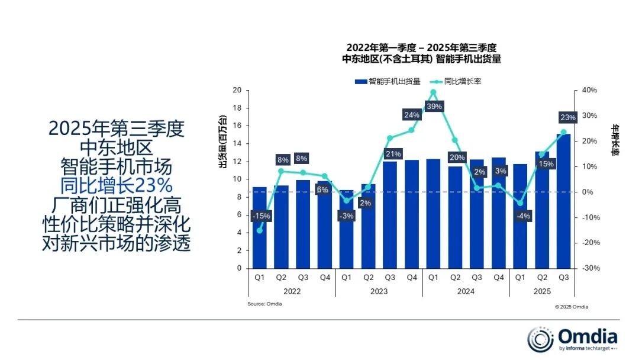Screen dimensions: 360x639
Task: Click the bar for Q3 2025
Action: pyautogui.click(x=563, y=201)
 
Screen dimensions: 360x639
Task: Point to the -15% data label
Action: pyautogui.click(x=260, y=216)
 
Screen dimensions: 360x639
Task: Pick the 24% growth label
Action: pyautogui.click(x=411, y=115)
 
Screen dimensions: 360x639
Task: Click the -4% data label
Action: pyautogui.click(x=522, y=216)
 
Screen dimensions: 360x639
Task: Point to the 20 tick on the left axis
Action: pyautogui.click(x=237, y=90)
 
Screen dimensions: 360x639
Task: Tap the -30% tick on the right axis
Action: pyautogui.click(x=589, y=268)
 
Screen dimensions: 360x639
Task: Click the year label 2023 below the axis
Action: pyautogui.click(x=379, y=291)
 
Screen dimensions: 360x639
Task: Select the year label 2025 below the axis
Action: pyautogui.click(x=541, y=291)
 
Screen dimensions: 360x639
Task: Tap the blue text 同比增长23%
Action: pyautogui.click(x=117, y=185)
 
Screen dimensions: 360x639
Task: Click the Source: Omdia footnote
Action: pyautogui.click(x=264, y=304)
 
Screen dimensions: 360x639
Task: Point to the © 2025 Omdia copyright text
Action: pyautogui.click(x=572, y=307)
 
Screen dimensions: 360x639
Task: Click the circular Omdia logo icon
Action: pyautogui.click(x=541, y=339)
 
